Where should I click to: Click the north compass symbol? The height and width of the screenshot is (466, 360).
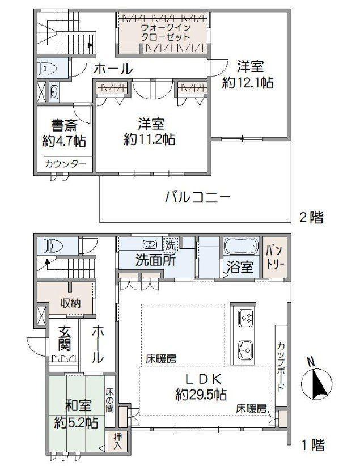click(316, 381)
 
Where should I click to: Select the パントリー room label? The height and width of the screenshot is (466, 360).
click(276, 256)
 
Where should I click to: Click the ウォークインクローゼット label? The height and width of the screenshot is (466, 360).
click(166, 32)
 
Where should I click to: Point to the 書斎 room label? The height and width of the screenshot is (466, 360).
click(64, 125)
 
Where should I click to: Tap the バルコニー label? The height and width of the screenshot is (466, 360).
click(198, 197)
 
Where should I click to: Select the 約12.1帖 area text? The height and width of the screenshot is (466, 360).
click(248, 83)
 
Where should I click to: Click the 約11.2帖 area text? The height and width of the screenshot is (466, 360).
click(149, 139)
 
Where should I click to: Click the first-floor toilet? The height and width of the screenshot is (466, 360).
click(53, 246)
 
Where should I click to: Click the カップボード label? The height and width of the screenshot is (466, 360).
click(281, 367)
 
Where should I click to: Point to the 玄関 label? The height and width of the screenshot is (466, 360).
click(64, 338)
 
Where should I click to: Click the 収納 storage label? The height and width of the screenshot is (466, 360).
click(70, 303)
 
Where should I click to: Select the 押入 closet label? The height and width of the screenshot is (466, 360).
click(118, 441)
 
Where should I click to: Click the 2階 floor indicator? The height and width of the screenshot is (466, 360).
click(311, 218)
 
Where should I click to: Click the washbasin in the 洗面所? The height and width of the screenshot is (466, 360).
click(150, 244)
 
